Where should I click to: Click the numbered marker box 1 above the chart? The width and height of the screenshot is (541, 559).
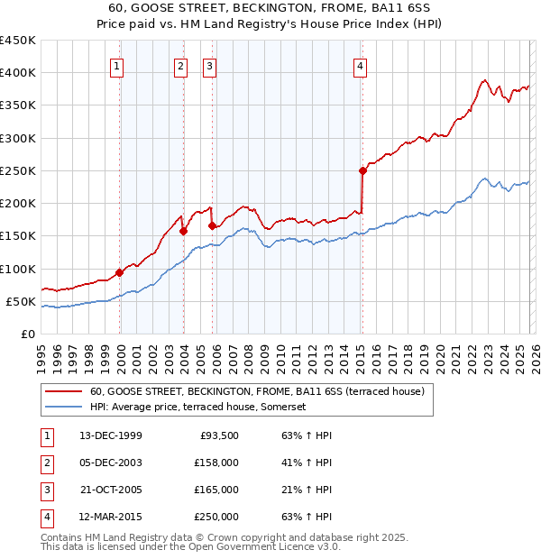(118, 65)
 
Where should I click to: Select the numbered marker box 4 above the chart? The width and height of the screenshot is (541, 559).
(360, 65)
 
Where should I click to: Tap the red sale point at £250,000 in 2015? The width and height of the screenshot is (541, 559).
(362, 170)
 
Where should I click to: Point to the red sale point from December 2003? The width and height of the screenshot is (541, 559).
(183, 231)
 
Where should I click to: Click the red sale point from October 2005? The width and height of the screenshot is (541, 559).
(213, 226)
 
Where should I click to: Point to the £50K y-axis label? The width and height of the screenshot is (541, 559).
(21, 301)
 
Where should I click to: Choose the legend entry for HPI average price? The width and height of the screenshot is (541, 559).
(198, 408)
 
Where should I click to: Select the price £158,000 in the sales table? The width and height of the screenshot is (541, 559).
(216, 463)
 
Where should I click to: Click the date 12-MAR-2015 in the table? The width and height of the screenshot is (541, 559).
(110, 517)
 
